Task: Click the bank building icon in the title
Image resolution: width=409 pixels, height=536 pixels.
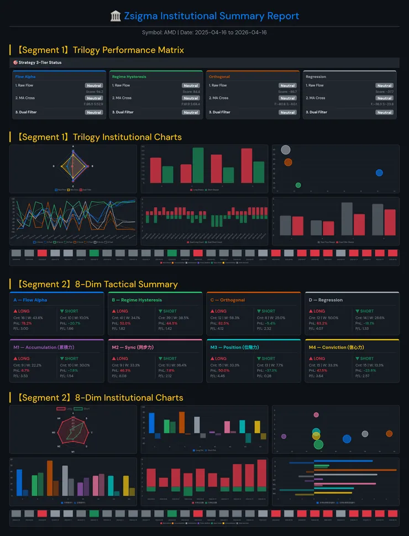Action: (116, 16)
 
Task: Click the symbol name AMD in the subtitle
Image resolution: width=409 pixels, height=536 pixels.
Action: (170, 33)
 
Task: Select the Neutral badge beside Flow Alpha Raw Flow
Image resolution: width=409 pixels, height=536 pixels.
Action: (93, 86)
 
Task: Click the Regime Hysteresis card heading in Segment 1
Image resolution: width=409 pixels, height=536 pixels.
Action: (129, 77)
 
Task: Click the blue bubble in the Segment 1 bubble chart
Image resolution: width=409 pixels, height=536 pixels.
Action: (379, 172)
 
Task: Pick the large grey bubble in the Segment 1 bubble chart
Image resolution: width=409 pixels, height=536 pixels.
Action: (285, 150)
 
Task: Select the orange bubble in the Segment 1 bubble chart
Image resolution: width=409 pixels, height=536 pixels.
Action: (287, 162)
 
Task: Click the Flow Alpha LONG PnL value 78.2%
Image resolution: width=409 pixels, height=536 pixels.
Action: (27, 323)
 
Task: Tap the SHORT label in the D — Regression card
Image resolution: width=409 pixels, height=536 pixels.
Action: (366, 311)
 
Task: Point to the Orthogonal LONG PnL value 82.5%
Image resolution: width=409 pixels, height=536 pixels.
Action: (223, 323)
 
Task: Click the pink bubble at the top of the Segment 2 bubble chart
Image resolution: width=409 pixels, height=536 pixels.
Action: (316, 415)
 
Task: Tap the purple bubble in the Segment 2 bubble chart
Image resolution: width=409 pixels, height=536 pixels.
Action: (284, 437)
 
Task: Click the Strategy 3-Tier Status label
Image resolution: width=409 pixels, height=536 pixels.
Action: (40, 62)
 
